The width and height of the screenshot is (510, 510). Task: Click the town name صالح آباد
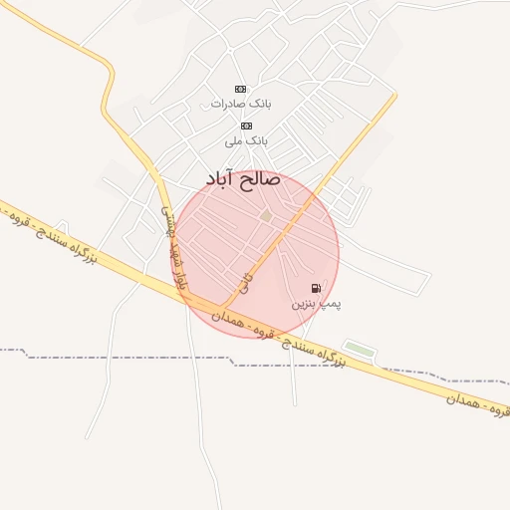pos(245,179)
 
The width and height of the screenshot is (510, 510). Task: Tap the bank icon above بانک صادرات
pos(239,89)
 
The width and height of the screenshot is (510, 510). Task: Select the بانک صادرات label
pos(241,103)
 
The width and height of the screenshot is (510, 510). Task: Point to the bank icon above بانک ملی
pos(246,126)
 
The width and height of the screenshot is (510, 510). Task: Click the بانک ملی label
pos(246,140)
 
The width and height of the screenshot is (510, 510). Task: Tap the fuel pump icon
pos(317,288)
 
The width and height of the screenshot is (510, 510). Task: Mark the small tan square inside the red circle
pos(266,215)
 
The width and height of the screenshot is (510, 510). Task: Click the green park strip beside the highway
pos(360,349)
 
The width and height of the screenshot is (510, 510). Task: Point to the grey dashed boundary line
pos(120,357)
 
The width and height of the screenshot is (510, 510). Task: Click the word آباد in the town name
pos(222,179)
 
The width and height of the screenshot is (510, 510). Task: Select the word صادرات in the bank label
pos(227,103)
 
